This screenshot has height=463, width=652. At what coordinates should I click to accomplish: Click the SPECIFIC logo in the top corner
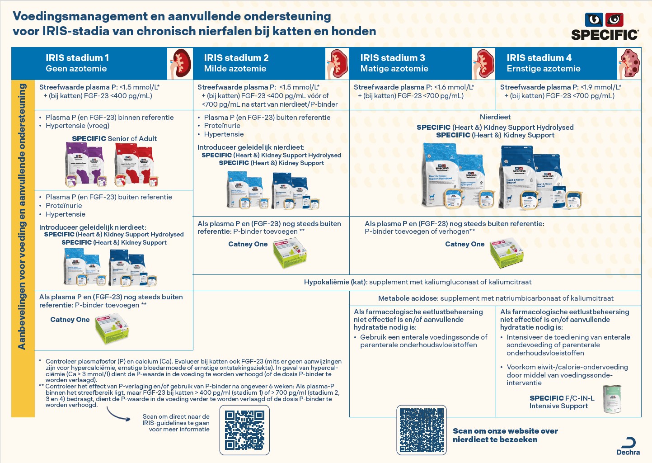(605, 27)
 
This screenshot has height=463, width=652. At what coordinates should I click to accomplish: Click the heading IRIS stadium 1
(77, 58)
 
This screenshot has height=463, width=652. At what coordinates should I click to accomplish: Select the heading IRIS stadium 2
(236, 58)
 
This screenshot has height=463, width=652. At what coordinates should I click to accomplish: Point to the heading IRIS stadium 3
(392, 58)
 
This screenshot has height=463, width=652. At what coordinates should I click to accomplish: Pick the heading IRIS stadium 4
(539, 58)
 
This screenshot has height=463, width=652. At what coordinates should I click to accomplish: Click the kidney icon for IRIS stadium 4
(629, 64)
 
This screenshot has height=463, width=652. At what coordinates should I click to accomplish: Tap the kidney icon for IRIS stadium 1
(180, 64)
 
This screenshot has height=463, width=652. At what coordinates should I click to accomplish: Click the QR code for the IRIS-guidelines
(244, 430)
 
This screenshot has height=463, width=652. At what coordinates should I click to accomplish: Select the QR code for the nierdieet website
(422, 430)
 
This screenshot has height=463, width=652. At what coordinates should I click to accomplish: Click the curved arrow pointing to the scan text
(118, 414)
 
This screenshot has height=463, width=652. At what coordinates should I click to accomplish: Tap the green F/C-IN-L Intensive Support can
(612, 399)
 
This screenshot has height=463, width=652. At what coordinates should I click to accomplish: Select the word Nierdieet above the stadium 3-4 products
(495, 117)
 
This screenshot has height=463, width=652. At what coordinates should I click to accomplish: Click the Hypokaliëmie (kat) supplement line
(417, 282)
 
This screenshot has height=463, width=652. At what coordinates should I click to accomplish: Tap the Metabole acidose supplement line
(496, 298)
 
